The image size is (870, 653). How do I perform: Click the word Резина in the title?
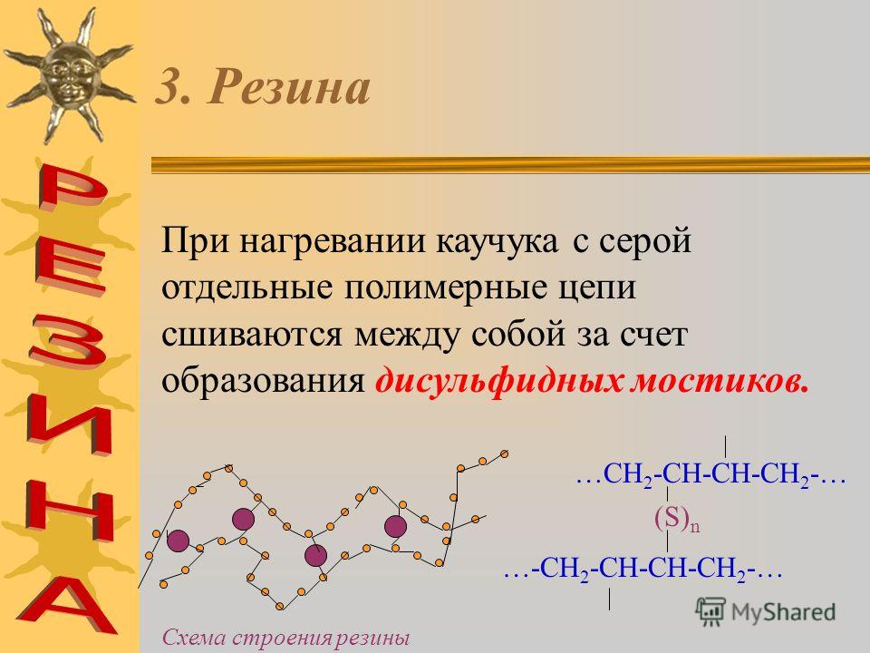coord(288,87)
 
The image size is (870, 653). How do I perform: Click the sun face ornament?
coord(70,75)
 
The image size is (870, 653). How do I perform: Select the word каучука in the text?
coord(497,242)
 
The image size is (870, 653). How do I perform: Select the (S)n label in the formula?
coord(676,519)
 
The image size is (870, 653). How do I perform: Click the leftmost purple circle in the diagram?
coord(179,541)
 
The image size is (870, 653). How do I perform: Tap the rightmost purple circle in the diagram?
coord(396,526)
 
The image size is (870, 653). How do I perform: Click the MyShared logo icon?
coord(710,612)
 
